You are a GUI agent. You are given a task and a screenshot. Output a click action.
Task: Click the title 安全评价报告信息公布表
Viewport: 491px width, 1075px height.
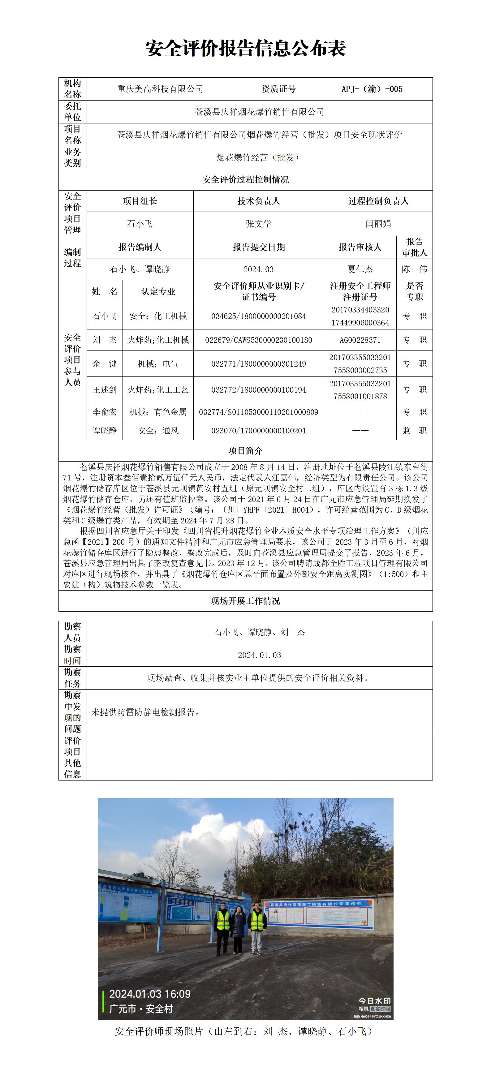click(x=246, y=48)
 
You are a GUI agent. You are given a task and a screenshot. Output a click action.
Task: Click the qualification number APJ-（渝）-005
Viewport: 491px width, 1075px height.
click(x=372, y=89)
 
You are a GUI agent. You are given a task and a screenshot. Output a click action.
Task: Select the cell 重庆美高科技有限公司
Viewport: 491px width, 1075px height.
click(x=160, y=89)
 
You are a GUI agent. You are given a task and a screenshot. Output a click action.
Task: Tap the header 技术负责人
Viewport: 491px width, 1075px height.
click(x=258, y=201)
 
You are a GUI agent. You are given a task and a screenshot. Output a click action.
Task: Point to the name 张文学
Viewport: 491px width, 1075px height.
click(x=258, y=224)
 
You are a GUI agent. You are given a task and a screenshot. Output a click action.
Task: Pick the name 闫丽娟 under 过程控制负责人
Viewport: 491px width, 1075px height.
click(x=378, y=224)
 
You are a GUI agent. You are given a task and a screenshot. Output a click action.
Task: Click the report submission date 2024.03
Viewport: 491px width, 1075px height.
click(x=258, y=269)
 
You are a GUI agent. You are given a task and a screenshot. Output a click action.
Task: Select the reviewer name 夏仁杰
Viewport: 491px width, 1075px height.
click(x=360, y=269)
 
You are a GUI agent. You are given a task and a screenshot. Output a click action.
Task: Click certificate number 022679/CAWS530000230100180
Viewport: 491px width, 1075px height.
click(x=258, y=340)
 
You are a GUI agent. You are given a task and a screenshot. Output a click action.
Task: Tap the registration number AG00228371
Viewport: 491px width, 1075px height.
click(x=360, y=340)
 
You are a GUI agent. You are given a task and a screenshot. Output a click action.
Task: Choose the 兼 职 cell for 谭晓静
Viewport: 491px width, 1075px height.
click(x=414, y=430)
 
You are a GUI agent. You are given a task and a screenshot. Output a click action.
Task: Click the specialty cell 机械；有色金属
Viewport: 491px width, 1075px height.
click(x=158, y=412)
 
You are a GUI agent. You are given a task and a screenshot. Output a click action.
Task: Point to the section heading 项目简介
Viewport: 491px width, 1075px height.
click(x=246, y=451)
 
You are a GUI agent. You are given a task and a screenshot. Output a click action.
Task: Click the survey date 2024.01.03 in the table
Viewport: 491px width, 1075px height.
click(x=259, y=655)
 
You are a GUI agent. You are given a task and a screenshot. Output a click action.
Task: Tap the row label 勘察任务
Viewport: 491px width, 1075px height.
click(x=72, y=678)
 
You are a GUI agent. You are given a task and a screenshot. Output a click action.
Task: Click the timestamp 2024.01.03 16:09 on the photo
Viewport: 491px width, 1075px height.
click(x=149, y=994)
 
